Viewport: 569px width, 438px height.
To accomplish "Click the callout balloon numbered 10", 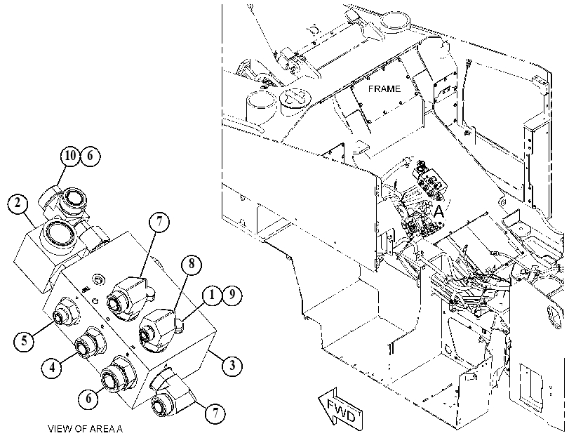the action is [x=70, y=156].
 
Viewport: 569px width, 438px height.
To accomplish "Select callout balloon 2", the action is [x=18, y=204].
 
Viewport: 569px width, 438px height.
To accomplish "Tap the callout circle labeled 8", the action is [x=191, y=265].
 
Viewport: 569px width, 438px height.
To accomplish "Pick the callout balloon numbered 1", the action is [x=213, y=296].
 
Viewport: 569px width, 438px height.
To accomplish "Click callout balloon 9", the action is [x=232, y=296].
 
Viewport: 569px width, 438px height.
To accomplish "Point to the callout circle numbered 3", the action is [x=232, y=364].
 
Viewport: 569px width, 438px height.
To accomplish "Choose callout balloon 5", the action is [x=24, y=341].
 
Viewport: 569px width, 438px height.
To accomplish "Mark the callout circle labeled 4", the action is [x=52, y=368].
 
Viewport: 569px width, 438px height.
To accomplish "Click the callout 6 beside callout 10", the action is [x=90, y=156].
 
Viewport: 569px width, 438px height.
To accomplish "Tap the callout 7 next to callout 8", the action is [x=159, y=221].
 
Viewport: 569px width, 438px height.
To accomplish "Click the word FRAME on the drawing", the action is [x=384, y=89].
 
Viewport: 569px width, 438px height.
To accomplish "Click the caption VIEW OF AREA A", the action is [x=86, y=429].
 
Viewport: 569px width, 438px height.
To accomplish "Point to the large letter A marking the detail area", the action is [x=439, y=212].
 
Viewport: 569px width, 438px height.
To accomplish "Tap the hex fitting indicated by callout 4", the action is [x=90, y=342].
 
